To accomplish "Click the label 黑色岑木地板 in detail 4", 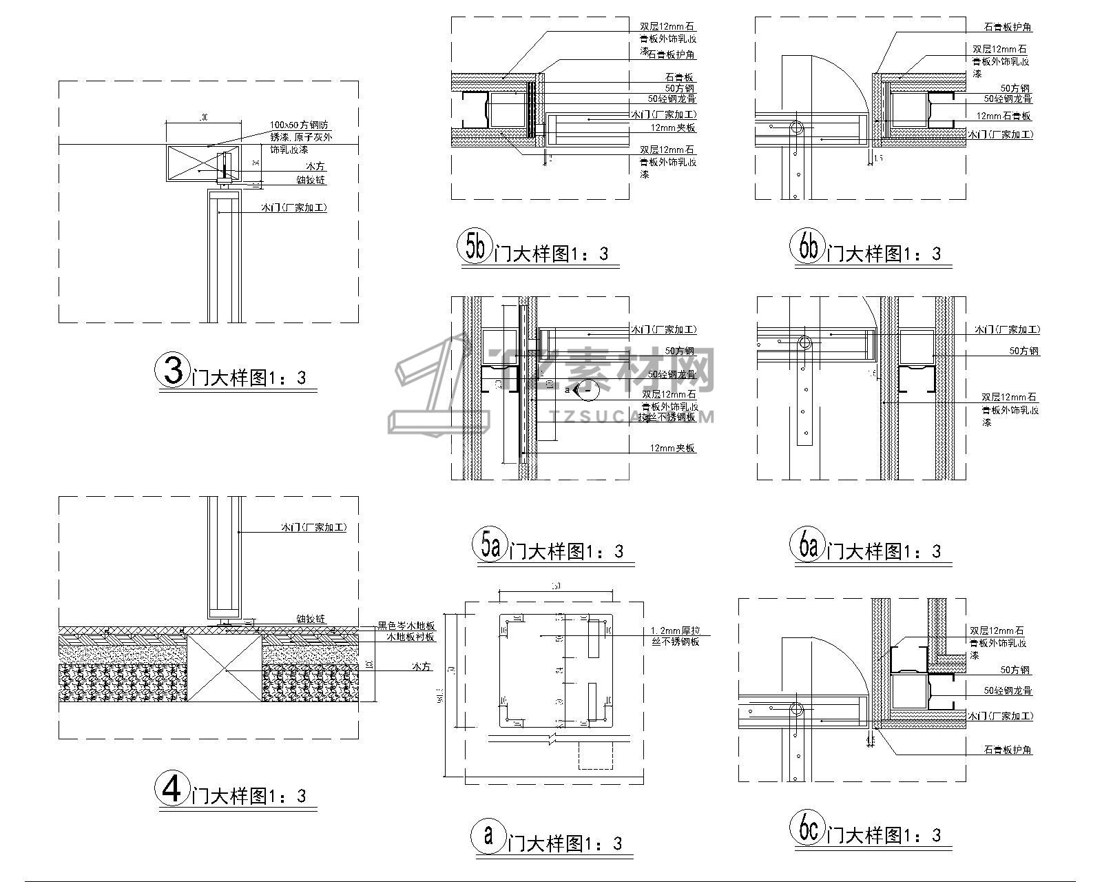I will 406,626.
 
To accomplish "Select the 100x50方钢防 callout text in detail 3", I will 299,125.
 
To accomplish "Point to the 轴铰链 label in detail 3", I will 311,180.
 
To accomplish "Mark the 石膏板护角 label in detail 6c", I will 1008,750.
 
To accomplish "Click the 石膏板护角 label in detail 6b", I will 1007,28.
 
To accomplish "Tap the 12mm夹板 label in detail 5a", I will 673,449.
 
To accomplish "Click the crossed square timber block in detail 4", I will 225,668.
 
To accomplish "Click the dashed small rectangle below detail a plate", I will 596,756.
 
